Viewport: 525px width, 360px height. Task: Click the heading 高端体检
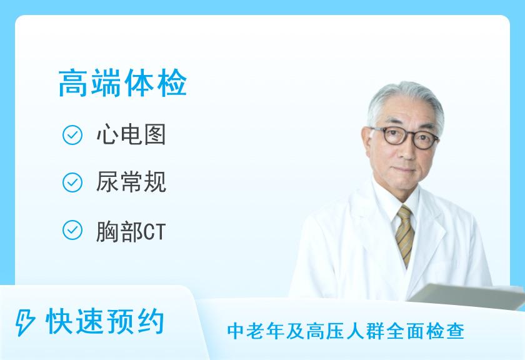coord(122,82)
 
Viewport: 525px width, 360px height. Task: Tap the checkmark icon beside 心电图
coord(72,135)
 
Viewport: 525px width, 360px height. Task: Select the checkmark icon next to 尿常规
coord(72,182)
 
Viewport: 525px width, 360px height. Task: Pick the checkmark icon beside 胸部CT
coord(72,230)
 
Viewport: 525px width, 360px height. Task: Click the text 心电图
coord(131,134)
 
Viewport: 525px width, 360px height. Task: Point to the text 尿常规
coord(131,182)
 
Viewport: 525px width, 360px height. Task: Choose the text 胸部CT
coord(131,231)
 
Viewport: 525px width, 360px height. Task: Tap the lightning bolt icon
coord(25,322)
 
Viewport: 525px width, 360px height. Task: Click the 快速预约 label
coord(105,322)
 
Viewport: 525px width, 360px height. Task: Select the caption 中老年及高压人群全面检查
coord(346,331)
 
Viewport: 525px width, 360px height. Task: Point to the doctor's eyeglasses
coord(406,136)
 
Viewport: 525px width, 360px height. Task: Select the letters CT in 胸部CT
coord(155,232)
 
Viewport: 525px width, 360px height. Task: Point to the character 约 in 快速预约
coord(150,322)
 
